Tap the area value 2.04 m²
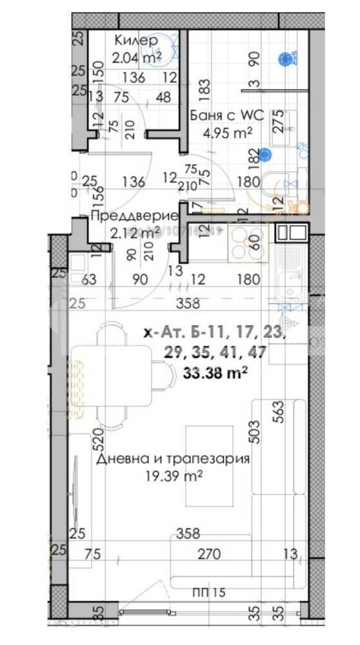click(135, 57)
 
